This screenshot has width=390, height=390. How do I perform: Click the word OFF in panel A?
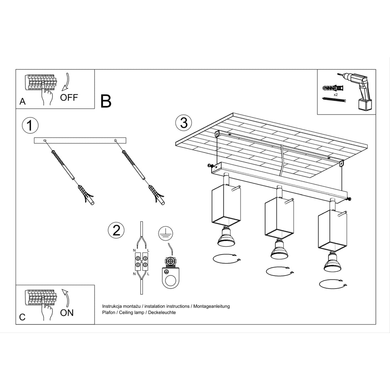(x=69, y=97)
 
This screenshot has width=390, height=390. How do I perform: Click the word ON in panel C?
(x=67, y=312)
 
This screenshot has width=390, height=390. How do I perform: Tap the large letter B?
(x=106, y=101)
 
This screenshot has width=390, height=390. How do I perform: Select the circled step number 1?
(x=30, y=126)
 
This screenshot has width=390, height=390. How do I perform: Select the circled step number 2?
(x=116, y=230)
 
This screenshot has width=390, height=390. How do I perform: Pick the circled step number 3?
(x=184, y=123)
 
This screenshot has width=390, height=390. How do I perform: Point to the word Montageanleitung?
(x=211, y=306)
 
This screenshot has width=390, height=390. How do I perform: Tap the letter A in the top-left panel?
(x=23, y=101)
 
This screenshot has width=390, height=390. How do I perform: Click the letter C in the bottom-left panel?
(x=22, y=317)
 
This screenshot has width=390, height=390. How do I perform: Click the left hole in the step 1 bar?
(x=45, y=141)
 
